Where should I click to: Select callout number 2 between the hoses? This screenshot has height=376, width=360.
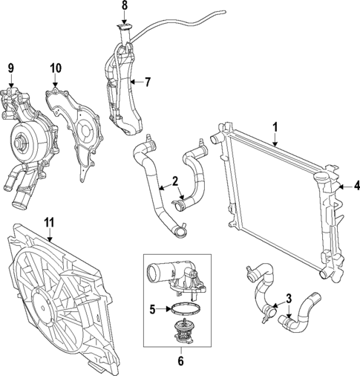pos(174,181)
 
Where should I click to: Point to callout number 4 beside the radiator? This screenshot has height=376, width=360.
pos(356,186)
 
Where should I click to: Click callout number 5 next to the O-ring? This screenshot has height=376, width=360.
pos(153,309)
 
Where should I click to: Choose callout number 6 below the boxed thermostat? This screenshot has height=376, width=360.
pos(180,363)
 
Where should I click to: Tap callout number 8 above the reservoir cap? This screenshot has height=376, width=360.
pos(125,6)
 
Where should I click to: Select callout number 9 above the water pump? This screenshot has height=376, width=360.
pos(11,68)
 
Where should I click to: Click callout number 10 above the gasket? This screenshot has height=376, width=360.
pos(56,68)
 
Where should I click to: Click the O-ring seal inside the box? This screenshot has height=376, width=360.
pos(182,308)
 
